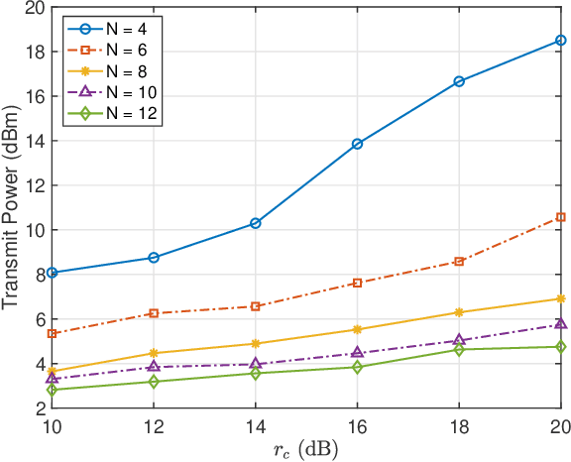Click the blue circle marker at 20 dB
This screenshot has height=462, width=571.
(560, 41)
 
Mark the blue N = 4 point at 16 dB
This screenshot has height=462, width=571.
(357, 144)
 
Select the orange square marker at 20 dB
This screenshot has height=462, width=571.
(560, 217)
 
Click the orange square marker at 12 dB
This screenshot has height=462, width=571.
(154, 313)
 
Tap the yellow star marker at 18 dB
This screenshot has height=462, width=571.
(459, 312)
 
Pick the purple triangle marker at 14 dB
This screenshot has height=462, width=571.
(256, 364)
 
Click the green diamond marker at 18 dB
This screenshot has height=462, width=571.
(459, 350)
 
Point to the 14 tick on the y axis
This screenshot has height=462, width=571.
(35, 141)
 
